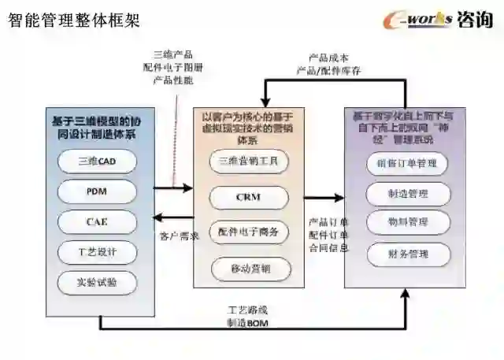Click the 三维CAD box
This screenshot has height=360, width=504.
[98, 161]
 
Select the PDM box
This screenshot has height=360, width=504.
[98, 191]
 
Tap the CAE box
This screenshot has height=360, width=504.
[98, 221]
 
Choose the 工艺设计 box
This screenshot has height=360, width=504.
[98, 252]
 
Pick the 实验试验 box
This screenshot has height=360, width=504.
[98, 282]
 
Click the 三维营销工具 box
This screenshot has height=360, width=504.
[249, 162]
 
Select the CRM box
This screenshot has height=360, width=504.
[249, 197]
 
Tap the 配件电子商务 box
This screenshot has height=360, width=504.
[249, 233]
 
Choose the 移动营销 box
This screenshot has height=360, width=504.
[249, 269]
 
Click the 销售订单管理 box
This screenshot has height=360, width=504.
[408, 164]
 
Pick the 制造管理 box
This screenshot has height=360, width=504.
[408, 193]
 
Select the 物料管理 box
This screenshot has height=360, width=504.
[408, 223]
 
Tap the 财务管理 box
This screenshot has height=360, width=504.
[408, 254]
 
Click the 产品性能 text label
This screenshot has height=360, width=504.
[172, 80]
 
